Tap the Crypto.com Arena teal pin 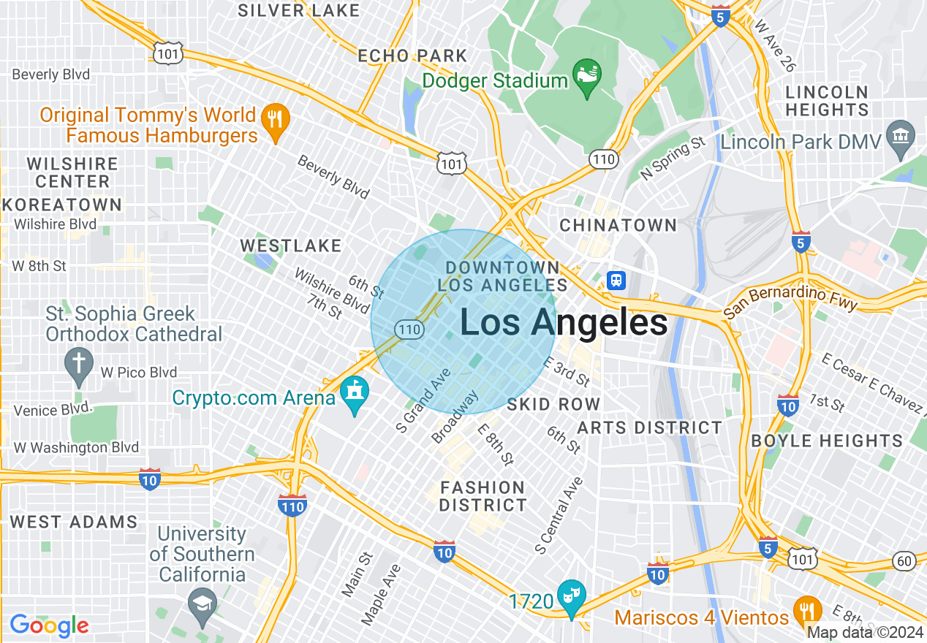[x=355, y=395]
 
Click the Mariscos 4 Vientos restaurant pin [x=806, y=612]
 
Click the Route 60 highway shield [x=904, y=560]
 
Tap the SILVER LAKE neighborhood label [x=299, y=10]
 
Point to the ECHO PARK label [x=412, y=56]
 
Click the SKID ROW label [x=553, y=404]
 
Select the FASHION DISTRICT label [x=483, y=496]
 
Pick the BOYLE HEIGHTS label [x=827, y=441]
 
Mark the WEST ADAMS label [x=74, y=522]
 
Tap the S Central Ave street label [x=559, y=514]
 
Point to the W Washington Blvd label [x=76, y=447]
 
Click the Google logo [x=49, y=625]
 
